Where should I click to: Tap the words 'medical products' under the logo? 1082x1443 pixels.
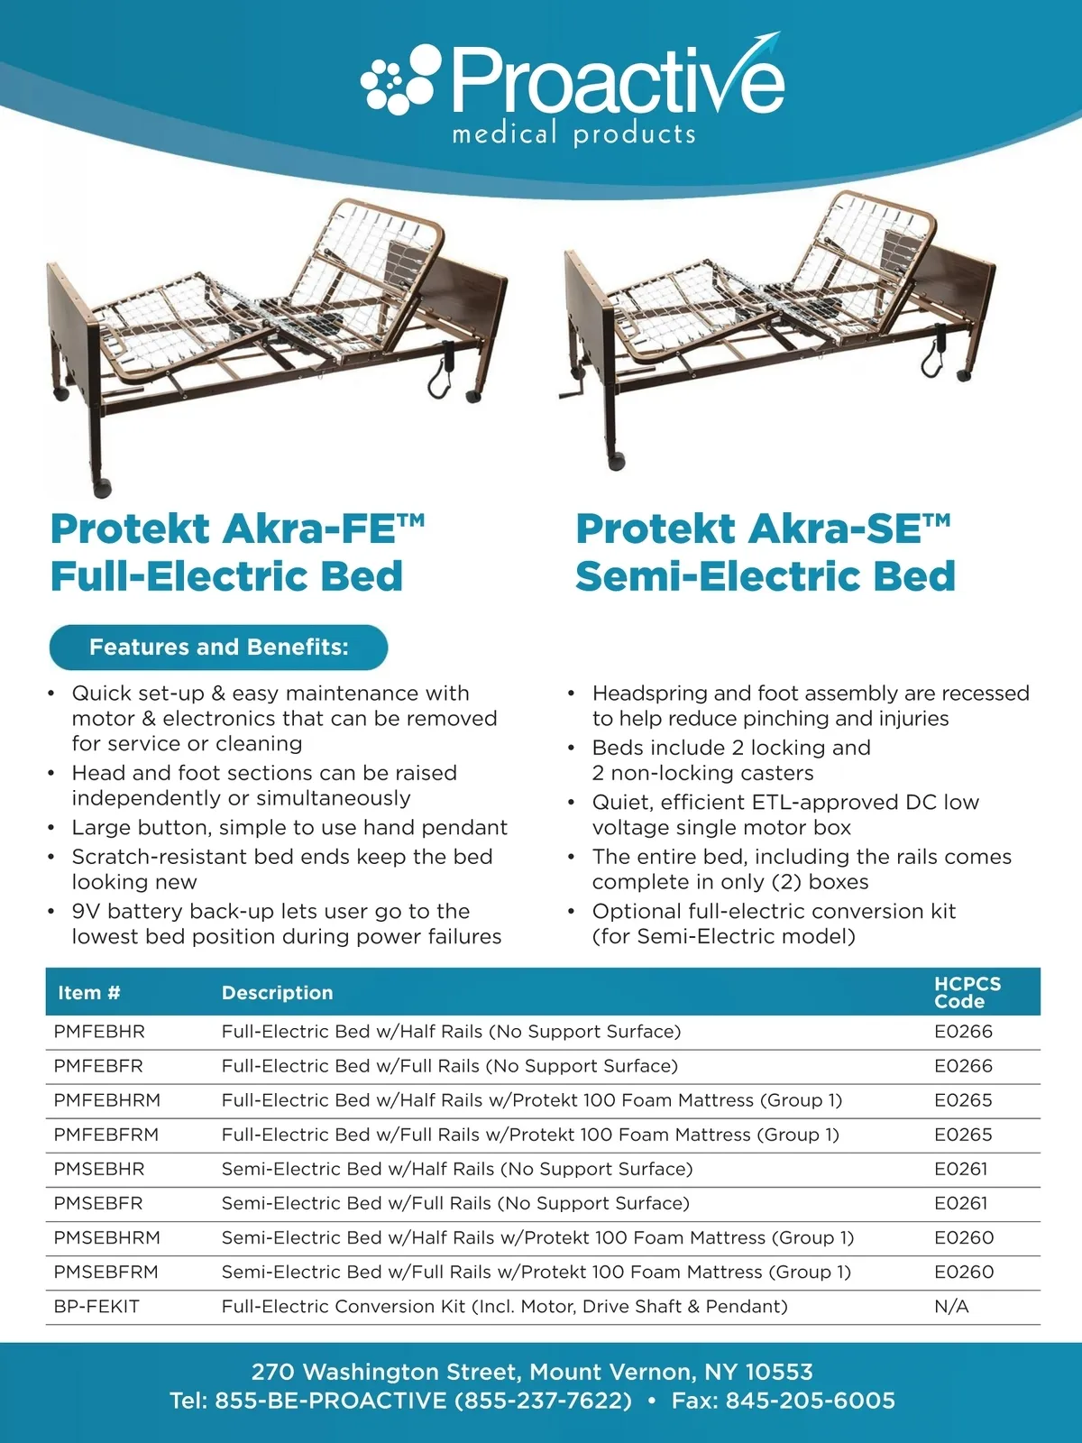573,134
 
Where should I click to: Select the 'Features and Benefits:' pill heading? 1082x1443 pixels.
218,647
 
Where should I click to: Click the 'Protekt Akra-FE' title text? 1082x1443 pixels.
237,528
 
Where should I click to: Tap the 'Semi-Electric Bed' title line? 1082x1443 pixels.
765,576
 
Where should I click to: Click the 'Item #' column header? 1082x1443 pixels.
88,992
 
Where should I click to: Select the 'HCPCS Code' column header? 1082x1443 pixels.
967,992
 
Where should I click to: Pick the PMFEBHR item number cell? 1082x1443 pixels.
99,1032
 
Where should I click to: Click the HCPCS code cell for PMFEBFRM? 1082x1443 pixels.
962,1135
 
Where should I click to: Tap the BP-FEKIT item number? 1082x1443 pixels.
96,1307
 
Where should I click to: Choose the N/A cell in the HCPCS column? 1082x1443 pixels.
951,1307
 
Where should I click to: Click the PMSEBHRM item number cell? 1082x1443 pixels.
106,1237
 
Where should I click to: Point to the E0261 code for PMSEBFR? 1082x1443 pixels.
960,1203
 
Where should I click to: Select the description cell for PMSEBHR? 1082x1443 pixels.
457,1169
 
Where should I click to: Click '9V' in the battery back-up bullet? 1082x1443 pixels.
87,911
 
